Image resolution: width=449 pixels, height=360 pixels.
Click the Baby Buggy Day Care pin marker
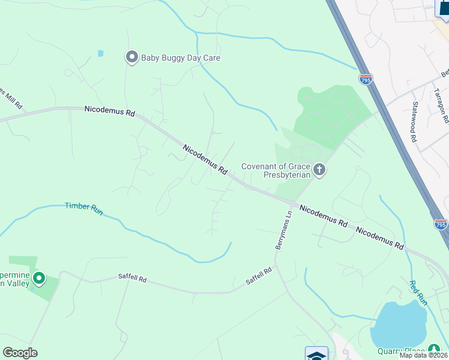pyautogui.click(x=131, y=58)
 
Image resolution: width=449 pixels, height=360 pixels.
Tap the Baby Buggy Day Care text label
pyautogui.click(x=180, y=58)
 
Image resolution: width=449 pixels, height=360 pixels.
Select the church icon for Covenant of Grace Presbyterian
pyautogui.click(x=319, y=170)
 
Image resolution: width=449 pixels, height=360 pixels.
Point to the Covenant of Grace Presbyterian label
pyautogui.click(x=276, y=171)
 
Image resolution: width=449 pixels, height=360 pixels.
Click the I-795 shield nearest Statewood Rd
pyautogui.click(x=366, y=79)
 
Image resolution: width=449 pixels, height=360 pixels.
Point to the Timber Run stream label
pyautogui.click(x=83, y=207)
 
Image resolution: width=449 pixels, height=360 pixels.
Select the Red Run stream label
pyautogui.click(x=418, y=293)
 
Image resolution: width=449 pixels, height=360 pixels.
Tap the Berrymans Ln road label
pyautogui.click(x=283, y=230)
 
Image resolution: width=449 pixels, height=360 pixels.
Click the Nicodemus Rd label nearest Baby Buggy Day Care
pyautogui.click(x=110, y=110)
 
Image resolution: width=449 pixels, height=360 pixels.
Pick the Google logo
pyautogui.click(x=20, y=353)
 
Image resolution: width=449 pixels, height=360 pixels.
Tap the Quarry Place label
pyautogui.click(x=401, y=352)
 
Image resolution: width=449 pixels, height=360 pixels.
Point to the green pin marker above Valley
pyautogui.click(x=39, y=278)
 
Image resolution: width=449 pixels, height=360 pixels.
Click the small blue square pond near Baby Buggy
pyautogui.click(x=100, y=53)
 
